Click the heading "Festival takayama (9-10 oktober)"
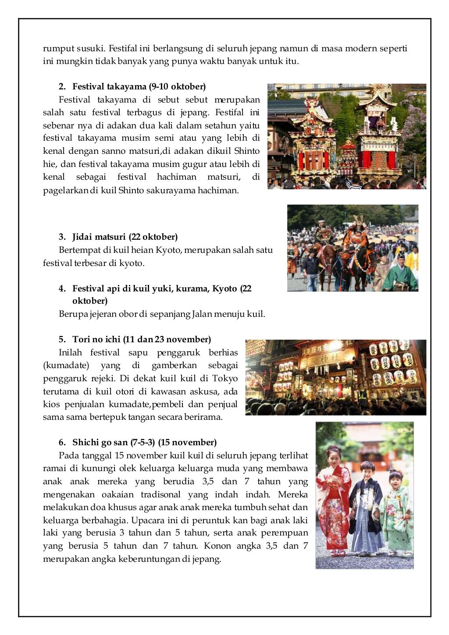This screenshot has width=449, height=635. click(x=139, y=86)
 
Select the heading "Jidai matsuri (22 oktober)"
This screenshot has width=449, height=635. click(x=125, y=237)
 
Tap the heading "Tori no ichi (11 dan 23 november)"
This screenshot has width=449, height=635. click(x=141, y=340)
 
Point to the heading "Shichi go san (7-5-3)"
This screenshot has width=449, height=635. click(x=114, y=443)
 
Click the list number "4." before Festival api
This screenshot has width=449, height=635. click(x=62, y=289)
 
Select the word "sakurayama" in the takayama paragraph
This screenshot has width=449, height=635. click(x=173, y=191)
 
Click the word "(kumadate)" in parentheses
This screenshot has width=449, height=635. click(x=66, y=365)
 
